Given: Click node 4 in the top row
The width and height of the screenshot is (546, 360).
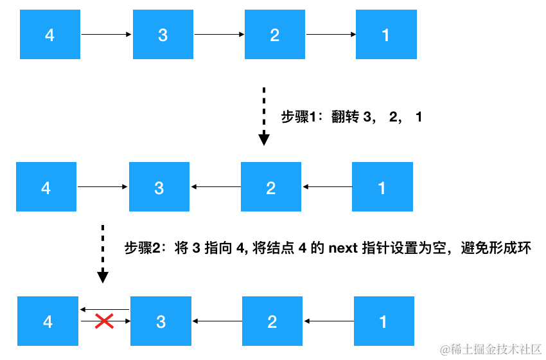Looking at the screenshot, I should coord(50,35).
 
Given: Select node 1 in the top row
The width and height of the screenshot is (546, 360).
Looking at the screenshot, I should coord(386,35).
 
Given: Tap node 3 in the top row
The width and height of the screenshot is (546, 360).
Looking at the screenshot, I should coord(163,35).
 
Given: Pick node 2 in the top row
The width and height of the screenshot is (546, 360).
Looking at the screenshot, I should coord(275,35).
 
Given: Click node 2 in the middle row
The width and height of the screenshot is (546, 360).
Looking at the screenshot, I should coord(271,187).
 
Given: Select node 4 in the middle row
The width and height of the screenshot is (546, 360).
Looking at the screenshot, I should coord(46,187).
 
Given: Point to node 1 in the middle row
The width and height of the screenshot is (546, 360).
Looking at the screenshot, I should coord(382,187).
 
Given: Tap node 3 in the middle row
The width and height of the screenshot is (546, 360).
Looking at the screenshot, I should coord(159,187).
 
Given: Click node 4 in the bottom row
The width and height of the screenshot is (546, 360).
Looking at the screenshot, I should coord(48,321).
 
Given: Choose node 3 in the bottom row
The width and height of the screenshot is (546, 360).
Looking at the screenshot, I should coord(161,321).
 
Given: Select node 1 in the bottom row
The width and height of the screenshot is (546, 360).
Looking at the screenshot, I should coord(383,321).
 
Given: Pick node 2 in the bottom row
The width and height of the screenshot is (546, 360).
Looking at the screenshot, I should coord(272,321).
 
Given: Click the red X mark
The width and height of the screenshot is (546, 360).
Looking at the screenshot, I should coord(104,321).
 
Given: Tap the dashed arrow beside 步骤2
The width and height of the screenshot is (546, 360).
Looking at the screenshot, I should coord(102,254).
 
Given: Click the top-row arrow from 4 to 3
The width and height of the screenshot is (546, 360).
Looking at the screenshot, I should coord(107,35).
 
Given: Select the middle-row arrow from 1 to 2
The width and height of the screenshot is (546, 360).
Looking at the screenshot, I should coord(327,187).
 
